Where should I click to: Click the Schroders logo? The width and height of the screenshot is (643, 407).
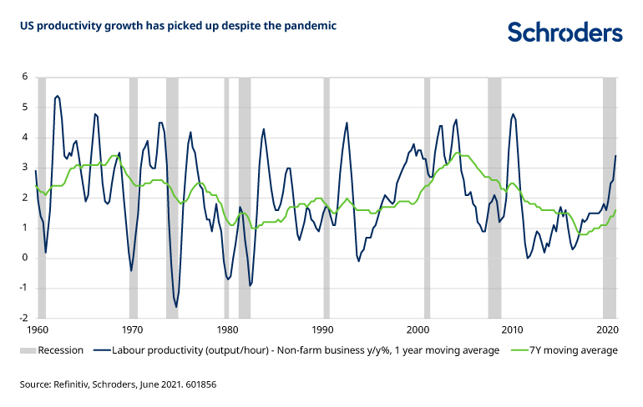(x=565, y=32)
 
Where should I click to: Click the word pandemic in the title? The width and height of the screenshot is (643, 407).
(x=314, y=26)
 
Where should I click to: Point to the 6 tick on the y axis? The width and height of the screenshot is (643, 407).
(x=25, y=77)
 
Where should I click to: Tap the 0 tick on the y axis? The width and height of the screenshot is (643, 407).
(x=25, y=258)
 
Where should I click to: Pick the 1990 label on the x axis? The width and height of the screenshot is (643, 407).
(x=323, y=330)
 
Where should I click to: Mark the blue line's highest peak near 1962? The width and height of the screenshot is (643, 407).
(x=57, y=96)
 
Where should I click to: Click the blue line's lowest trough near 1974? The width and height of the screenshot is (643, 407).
(x=176, y=308)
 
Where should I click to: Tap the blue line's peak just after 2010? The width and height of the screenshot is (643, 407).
(x=513, y=114)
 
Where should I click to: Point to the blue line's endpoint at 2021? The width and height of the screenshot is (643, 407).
(x=616, y=156)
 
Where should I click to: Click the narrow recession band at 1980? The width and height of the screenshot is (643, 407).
(x=226, y=197)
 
